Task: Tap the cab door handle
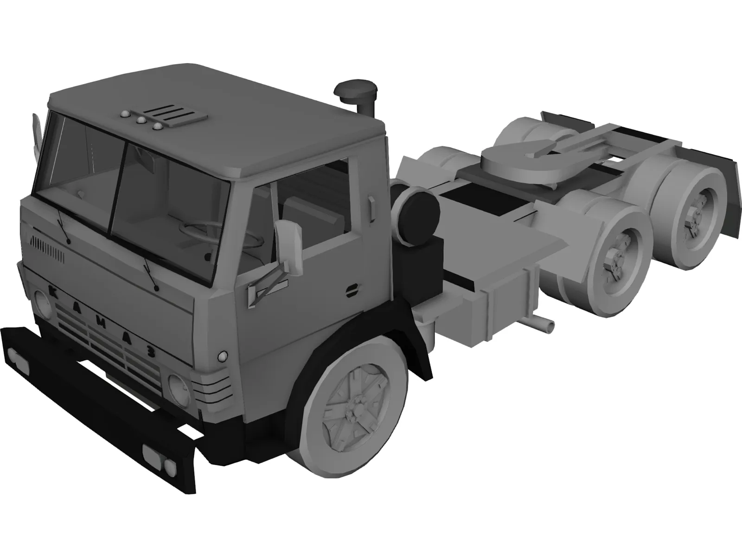371,207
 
